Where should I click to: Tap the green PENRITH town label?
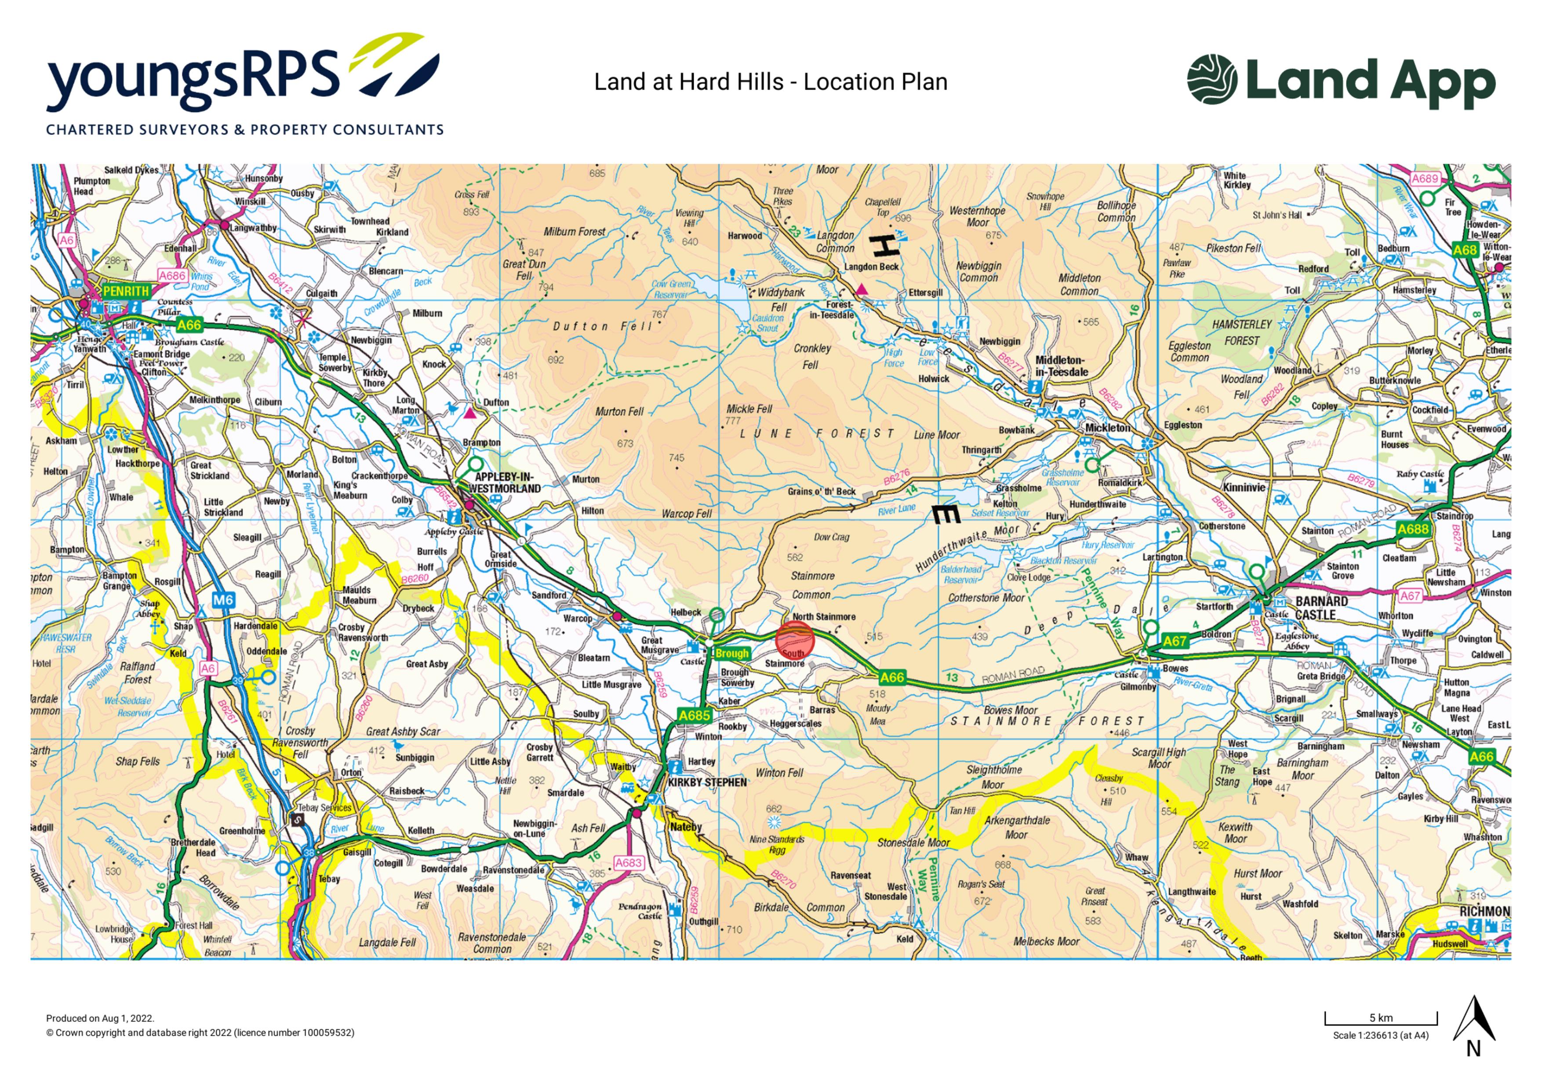(126, 291)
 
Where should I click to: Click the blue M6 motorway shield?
(223, 600)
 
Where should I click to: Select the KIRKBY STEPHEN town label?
(707, 783)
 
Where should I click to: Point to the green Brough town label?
(731, 653)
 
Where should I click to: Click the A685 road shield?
(694, 715)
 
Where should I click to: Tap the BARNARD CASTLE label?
(1321, 608)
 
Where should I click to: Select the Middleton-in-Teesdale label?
(1061, 366)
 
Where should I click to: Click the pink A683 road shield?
(628, 863)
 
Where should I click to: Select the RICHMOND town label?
(1484, 912)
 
